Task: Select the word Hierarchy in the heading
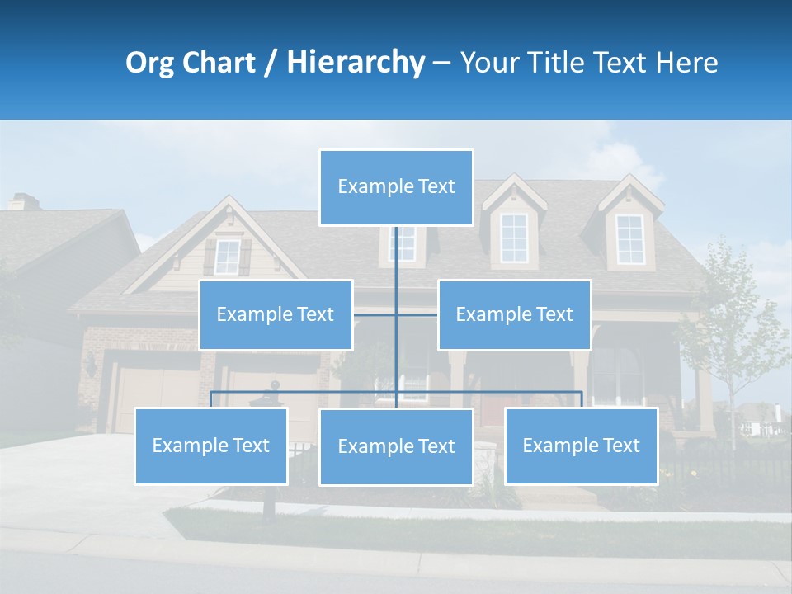[x=356, y=64]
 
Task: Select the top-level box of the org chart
[x=396, y=187]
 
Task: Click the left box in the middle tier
[x=276, y=315]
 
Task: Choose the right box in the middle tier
[x=514, y=315]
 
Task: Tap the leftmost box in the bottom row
[x=211, y=446]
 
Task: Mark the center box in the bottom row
[x=396, y=447]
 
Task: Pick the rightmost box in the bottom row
[x=581, y=446]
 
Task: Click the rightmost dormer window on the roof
[x=630, y=239]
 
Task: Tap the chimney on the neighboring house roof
[x=23, y=201]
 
